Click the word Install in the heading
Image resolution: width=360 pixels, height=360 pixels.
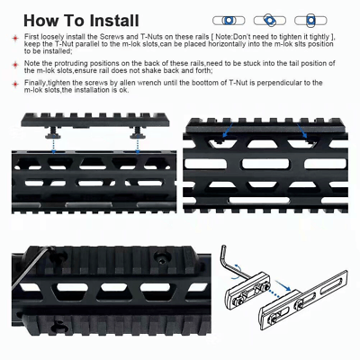[x=114, y=21]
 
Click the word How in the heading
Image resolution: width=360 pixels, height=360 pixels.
[x=39, y=21]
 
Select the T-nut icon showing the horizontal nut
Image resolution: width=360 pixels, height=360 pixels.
[x=229, y=21]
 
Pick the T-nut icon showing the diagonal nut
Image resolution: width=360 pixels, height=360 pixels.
[x=270, y=21]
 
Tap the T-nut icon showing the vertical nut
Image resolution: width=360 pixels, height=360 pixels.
[x=310, y=21]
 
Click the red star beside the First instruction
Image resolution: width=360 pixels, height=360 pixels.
[x=15, y=39]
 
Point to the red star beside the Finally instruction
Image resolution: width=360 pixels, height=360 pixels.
[x=15, y=84]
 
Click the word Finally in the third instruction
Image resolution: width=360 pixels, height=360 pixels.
[x=35, y=83]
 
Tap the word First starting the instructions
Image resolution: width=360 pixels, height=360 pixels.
[x=31, y=37]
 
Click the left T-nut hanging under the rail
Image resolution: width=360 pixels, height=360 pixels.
[x=53, y=132]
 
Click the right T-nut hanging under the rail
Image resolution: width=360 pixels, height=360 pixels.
[x=138, y=132]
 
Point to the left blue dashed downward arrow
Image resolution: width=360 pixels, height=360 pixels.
[x=53, y=145]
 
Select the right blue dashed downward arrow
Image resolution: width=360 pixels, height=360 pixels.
[x=138, y=145]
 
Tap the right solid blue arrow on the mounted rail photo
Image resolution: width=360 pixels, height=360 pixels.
[x=302, y=130]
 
